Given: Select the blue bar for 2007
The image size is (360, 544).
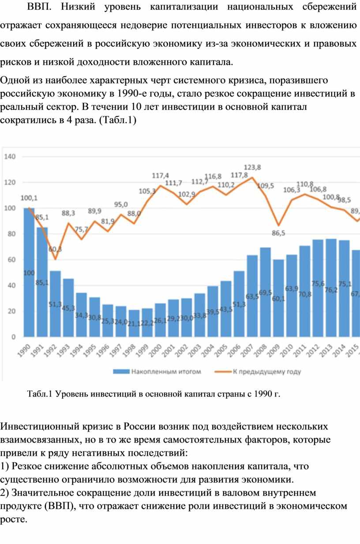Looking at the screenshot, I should (x=252, y=296).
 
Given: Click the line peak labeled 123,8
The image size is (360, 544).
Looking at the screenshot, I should (x=252, y=177).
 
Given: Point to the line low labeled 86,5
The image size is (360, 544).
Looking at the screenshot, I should (x=278, y=225).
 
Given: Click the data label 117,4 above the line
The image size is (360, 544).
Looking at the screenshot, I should (x=160, y=175).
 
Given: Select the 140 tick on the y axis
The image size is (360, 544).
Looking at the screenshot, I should (x=10, y=156).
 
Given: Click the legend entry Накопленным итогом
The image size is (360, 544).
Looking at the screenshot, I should (x=166, y=371).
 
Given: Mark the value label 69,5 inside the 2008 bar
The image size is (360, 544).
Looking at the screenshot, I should (x=265, y=293).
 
